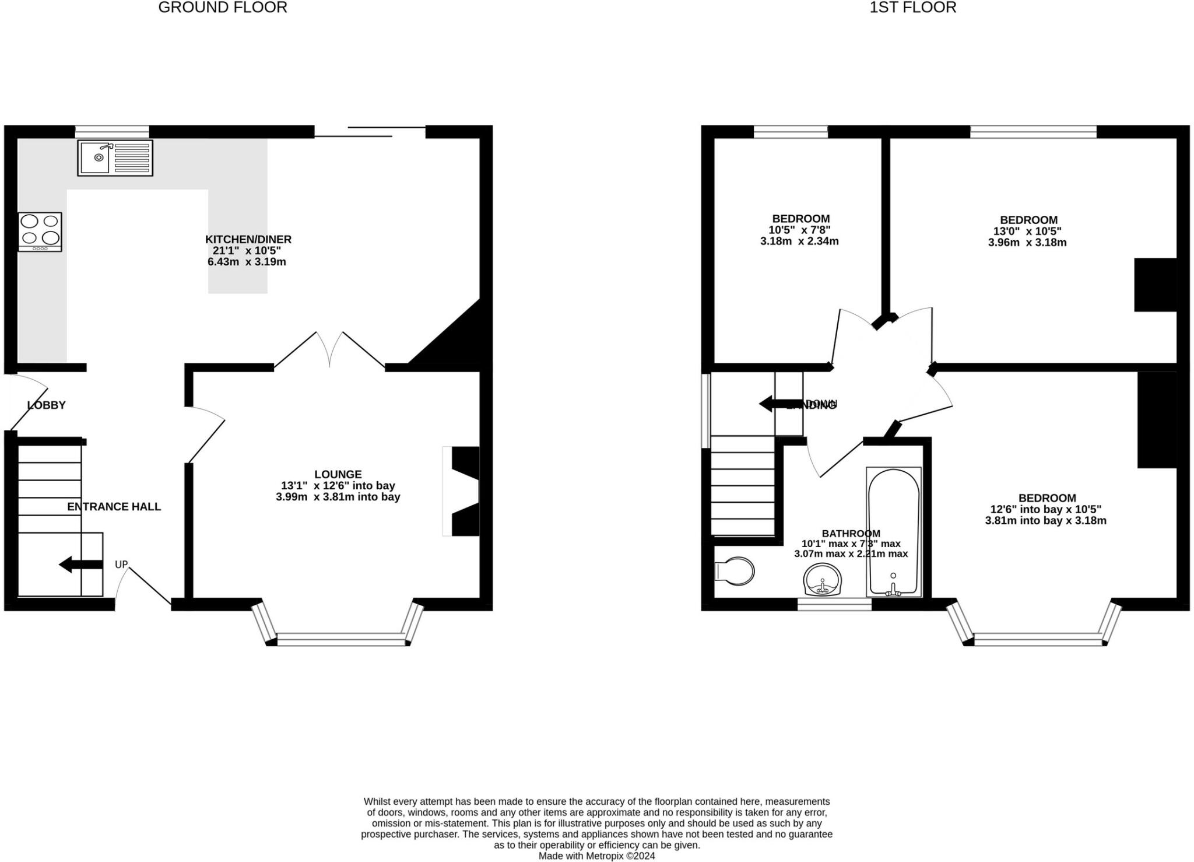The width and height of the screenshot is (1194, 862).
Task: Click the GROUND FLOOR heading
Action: pos(223,8)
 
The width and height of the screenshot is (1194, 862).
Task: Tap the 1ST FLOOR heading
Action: pos(912,8)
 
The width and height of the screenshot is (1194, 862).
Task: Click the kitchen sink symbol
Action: pos(115,157)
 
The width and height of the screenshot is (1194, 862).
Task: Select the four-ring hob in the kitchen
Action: pos(40,232)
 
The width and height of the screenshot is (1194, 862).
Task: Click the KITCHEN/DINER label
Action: pos(248,239)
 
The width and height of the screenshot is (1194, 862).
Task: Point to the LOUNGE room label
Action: pos(338,474)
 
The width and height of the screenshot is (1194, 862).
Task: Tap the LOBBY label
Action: pos(46,405)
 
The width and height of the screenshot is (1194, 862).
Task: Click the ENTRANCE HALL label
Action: pos(114,506)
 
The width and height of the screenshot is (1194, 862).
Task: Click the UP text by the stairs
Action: pos(121,564)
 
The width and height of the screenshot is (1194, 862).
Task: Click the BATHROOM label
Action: pos(851,533)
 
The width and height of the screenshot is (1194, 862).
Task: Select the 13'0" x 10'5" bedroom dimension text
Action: pos(1027,231)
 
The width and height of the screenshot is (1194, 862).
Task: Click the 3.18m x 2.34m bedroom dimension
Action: pos(799,241)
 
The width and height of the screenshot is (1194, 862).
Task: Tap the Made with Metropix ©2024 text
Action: pos(596,856)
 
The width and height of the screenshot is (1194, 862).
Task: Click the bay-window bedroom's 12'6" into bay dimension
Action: pos(1045,509)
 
